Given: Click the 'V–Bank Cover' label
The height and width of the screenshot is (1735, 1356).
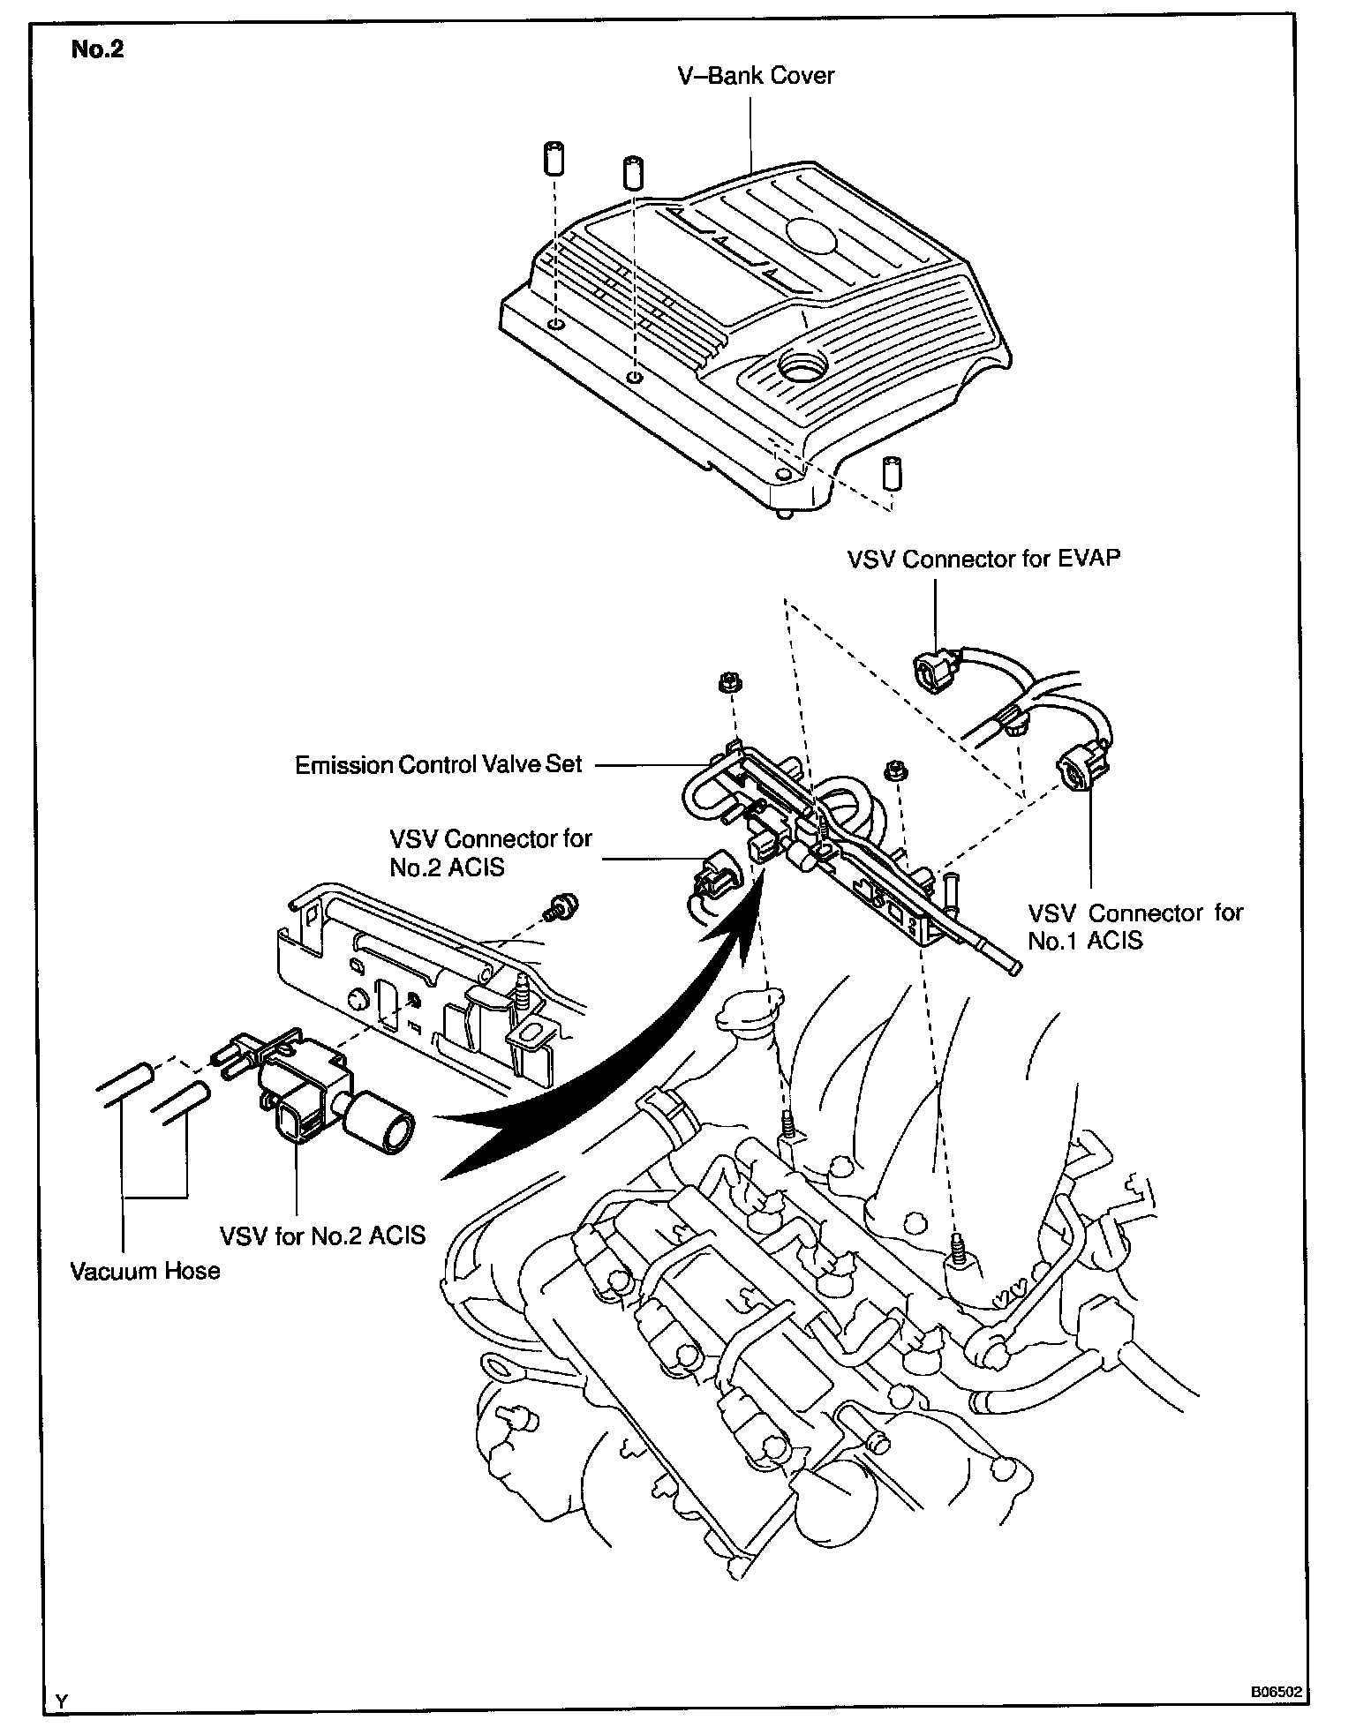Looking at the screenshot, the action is pos(756,76).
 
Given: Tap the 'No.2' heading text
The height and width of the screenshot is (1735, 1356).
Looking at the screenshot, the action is pos(97,49).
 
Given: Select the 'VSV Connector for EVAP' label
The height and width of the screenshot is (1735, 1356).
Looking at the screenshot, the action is pos(983,559).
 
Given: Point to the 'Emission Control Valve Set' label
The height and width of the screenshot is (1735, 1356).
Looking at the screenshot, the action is pos(439,764).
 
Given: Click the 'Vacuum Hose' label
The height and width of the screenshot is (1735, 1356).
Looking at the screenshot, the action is pos(146,1271).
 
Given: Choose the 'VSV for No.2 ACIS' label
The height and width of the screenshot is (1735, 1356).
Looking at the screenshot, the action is pos(323,1235).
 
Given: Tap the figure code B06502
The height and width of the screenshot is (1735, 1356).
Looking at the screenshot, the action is pos(1276,1693).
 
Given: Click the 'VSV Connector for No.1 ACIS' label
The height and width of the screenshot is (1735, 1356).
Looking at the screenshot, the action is pos(1135,927).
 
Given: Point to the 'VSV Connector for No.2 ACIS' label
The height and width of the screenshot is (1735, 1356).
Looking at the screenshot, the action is pos(490,852).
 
